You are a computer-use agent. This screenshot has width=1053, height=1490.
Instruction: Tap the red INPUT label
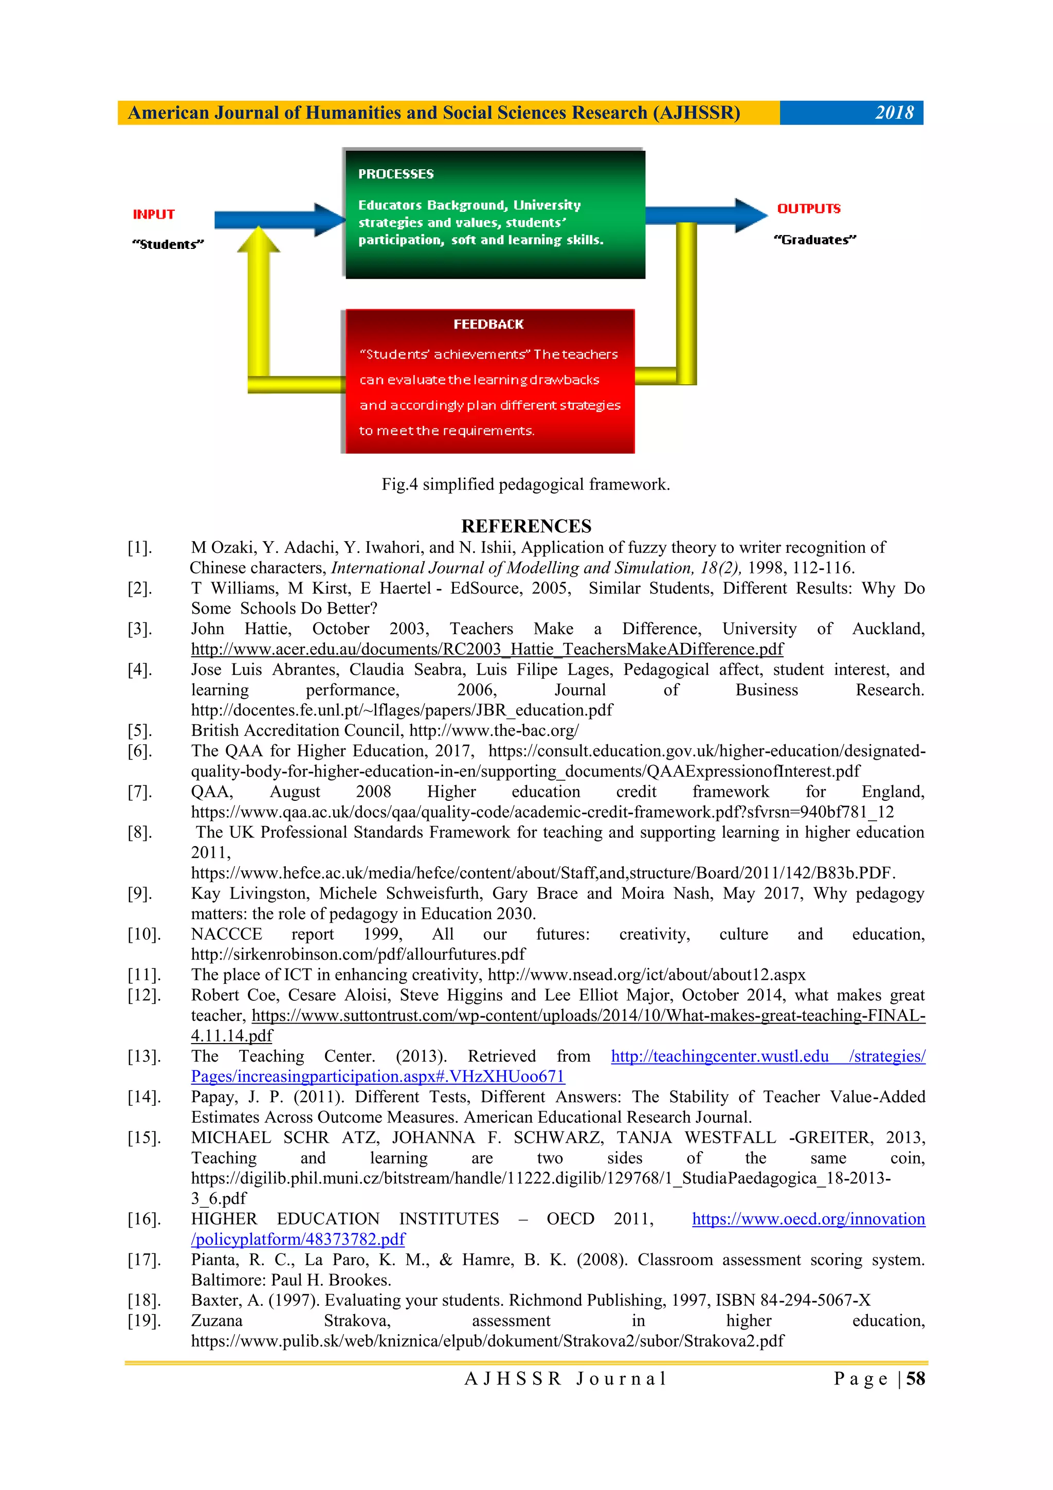click(x=154, y=214)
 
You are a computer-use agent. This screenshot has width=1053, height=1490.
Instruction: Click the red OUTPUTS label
click(x=808, y=208)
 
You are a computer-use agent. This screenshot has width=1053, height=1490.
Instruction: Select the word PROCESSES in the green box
click(x=396, y=174)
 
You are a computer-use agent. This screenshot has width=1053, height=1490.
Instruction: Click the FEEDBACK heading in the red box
click(x=488, y=324)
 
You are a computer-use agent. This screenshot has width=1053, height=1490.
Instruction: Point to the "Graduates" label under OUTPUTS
click(x=815, y=240)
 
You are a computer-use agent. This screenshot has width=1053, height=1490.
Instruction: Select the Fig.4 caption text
click(x=525, y=484)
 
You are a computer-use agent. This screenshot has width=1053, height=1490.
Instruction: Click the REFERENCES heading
click(x=526, y=526)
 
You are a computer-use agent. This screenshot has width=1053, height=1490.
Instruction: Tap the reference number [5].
click(x=139, y=731)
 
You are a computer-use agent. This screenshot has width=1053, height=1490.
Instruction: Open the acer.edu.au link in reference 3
click(x=486, y=649)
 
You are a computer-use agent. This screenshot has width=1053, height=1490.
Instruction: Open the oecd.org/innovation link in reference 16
click(x=808, y=1219)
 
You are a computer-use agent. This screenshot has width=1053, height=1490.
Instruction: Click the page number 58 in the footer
click(x=915, y=1379)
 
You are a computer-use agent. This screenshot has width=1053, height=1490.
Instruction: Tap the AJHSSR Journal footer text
click(x=565, y=1379)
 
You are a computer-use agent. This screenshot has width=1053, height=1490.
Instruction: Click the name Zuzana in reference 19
click(x=216, y=1321)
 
